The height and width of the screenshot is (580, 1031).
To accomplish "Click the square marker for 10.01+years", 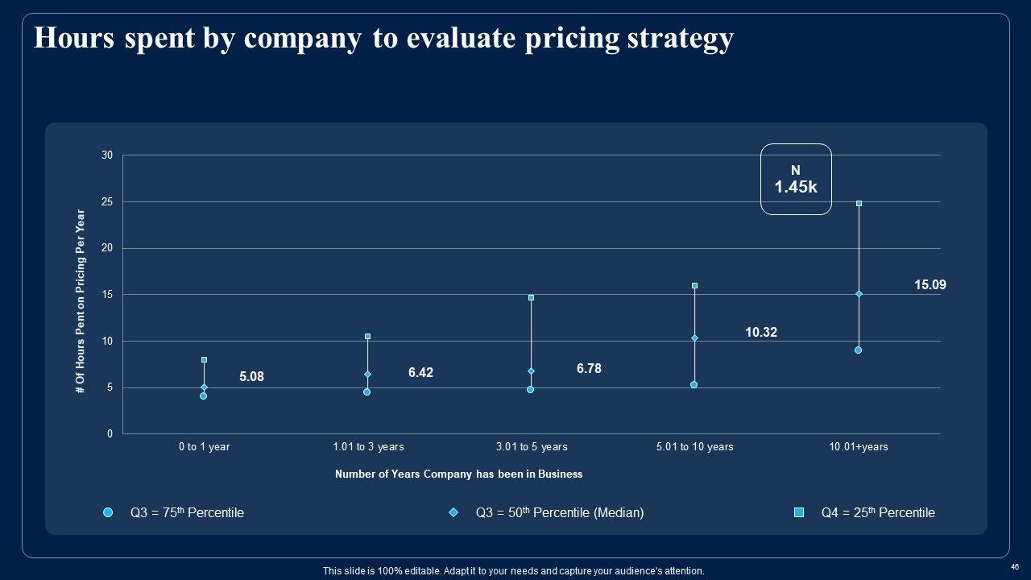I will coord(859,204).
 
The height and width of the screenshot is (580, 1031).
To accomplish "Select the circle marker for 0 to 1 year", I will coord(204,396).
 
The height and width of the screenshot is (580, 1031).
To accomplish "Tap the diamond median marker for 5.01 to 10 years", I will coord(694,338).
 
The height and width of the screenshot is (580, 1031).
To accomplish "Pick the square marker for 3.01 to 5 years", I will coord(531,298).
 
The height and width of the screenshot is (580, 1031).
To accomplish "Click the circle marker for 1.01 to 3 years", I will coord(367,391).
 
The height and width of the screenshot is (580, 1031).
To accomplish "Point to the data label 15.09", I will coord(930,284).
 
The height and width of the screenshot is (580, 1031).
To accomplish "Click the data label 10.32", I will coord(760,332).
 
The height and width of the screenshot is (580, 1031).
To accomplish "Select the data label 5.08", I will coord(251,376).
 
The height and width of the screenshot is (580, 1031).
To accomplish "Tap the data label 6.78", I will coord(589,368).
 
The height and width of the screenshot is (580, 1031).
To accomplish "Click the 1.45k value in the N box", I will coord(796,188).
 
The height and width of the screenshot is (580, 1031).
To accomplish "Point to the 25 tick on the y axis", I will coord(107,201).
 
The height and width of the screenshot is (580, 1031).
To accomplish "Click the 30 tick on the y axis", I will coord(107,155).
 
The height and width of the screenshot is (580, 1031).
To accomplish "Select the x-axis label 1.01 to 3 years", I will coord(368,446).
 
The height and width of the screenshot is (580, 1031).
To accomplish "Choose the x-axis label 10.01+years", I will coord(859,446).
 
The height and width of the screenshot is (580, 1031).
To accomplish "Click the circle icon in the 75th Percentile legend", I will coord(108,512).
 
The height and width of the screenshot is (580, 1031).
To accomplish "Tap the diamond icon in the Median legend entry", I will coord(453,512).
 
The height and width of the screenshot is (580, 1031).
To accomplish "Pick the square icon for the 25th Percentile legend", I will coord(799,512).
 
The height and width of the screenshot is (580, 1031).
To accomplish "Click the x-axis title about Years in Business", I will coord(458,474).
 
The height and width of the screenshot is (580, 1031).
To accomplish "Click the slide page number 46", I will coord(1015,567).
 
